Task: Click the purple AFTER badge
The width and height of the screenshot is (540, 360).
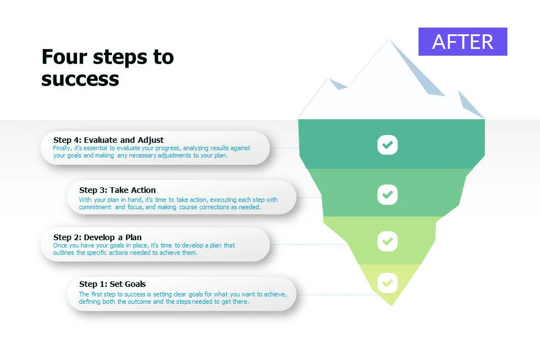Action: point(462,41)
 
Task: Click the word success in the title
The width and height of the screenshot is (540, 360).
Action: point(80,79)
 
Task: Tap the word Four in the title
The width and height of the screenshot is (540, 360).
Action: point(64,57)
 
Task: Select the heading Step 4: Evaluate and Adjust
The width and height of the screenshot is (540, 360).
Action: point(109,140)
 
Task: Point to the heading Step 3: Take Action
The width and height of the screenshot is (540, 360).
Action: point(118,190)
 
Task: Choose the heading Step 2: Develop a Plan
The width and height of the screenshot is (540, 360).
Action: point(97,237)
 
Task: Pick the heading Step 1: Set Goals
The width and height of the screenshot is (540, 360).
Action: point(112,284)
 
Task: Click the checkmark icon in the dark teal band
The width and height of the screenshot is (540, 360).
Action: point(388,145)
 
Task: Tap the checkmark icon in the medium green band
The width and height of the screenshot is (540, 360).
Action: point(388,195)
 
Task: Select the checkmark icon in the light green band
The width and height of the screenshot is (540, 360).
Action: point(388,241)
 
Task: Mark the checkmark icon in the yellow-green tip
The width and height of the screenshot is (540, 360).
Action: point(388,283)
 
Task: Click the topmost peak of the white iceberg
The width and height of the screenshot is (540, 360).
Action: point(389,39)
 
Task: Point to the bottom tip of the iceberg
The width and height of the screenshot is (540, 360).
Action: point(391,305)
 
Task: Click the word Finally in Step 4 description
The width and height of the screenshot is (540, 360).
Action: point(62,148)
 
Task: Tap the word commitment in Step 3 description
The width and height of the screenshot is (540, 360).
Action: point(95,207)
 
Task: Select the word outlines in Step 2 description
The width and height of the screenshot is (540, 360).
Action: point(64,253)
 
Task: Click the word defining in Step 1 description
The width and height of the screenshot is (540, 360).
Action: point(89,301)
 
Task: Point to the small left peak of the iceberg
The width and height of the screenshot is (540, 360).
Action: point(330,79)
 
